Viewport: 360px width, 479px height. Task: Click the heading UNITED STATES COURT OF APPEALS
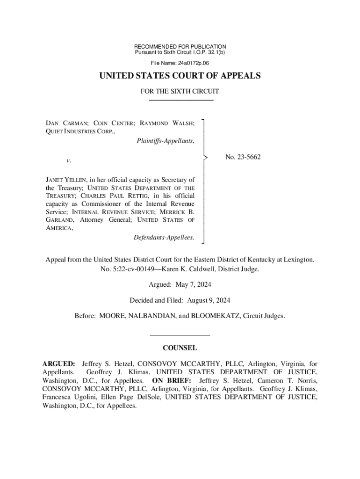point(180,76)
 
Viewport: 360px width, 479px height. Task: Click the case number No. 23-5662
point(243,157)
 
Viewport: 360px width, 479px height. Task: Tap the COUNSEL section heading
point(180,348)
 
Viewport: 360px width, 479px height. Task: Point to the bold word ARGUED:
point(58,363)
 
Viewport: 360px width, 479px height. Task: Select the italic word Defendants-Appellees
point(164,238)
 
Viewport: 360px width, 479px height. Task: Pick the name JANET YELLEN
point(63,179)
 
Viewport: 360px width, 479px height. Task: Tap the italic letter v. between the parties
point(68,160)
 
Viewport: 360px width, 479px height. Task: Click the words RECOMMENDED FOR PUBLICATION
point(180,47)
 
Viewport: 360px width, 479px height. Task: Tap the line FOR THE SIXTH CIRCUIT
point(180,92)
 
